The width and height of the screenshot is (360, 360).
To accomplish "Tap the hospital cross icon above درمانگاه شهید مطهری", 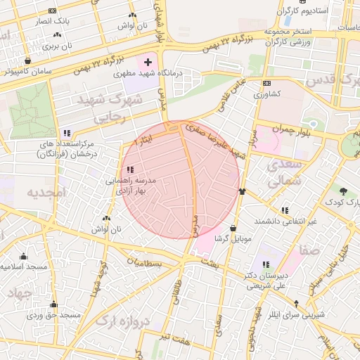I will [x=147, y=63].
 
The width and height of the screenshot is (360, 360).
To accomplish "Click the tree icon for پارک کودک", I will [x=342, y=191].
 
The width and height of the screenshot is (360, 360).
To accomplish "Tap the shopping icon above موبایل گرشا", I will [x=233, y=228].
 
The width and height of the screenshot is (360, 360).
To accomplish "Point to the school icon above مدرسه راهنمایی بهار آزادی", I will [x=130, y=169].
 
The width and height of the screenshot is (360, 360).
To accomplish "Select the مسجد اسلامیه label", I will [x=24, y=267].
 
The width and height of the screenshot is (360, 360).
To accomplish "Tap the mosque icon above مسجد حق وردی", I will [x=53, y=304].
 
